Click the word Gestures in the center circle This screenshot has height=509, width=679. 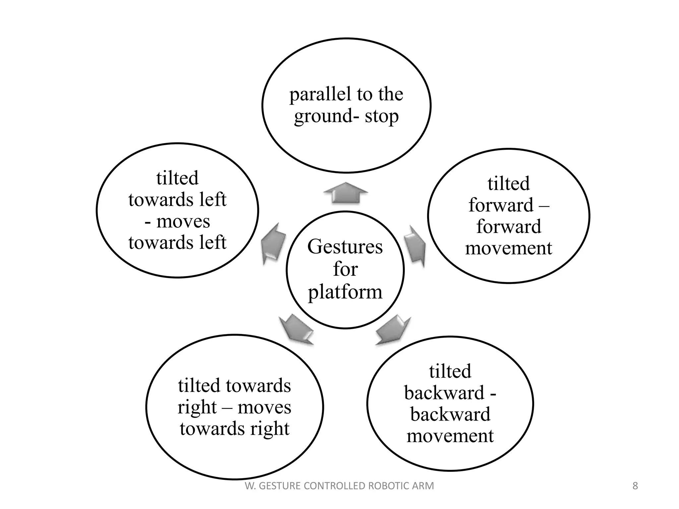(x=345, y=247)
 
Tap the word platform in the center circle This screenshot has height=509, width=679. (x=345, y=292)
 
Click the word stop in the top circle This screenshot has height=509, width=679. (x=382, y=117)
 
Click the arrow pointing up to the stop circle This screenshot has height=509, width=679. (x=345, y=193)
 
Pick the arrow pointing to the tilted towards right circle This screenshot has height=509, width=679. (x=297, y=330)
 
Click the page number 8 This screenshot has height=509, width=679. (x=635, y=486)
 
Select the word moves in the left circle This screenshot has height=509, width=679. (x=183, y=221)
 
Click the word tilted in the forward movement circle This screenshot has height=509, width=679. (x=509, y=184)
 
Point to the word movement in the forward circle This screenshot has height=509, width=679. (x=509, y=248)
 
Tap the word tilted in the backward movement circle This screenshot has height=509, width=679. (x=450, y=371)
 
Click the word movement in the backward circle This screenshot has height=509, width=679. (x=450, y=436)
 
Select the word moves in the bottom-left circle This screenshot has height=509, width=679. (x=264, y=407)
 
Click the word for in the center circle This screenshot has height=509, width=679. (x=345, y=269)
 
